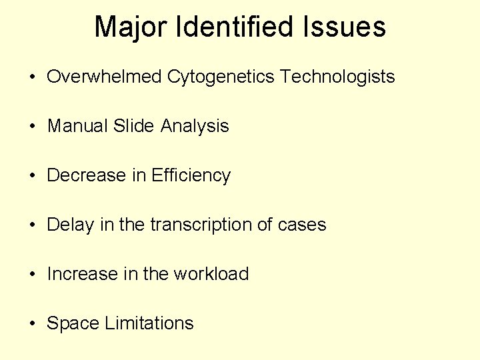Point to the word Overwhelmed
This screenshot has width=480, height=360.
(x=105, y=77)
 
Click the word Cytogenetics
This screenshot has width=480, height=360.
(x=221, y=77)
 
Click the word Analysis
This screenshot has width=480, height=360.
(x=195, y=126)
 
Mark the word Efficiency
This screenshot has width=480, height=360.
(x=191, y=175)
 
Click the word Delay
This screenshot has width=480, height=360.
(x=71, y=225)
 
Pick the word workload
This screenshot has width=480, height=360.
(x=211, y=274)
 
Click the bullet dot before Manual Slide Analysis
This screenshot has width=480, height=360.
(x=32, y=127)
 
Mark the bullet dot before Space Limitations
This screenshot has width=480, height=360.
(x=32, y=324)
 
